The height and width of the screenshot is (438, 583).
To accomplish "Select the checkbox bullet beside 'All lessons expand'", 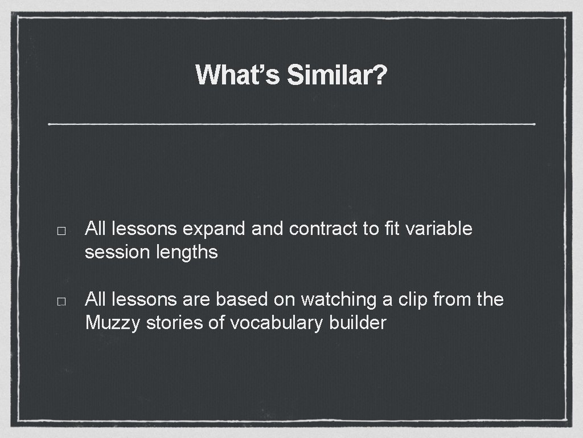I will pyautogui.click(x=62, y=232).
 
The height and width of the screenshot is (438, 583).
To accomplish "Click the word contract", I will pyautogui.click(x=323, y=229).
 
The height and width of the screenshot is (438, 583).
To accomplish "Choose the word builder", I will pyautogui.click(x=358, y=323).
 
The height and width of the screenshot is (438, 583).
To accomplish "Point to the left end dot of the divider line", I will pyautogui.click(x=50, y=123).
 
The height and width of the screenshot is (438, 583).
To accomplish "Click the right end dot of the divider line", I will pyautogui.click(x=535, y=123).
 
